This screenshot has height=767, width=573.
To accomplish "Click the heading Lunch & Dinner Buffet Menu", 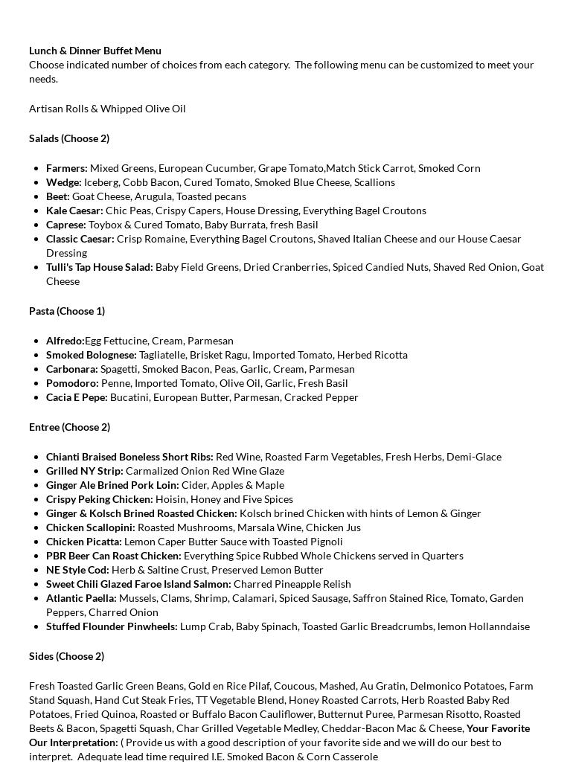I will tap(95, 51).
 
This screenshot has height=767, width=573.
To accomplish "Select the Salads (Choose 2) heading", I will tap(69, 138).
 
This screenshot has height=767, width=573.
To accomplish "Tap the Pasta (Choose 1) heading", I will tap(67, 311).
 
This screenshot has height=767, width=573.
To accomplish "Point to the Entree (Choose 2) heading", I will tap(69, 427).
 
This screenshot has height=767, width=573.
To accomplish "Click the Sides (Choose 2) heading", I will tap(66, 656).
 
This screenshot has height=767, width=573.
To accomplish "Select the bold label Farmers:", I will tap(67, 168).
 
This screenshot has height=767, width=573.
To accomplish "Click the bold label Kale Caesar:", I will tap(74, 211).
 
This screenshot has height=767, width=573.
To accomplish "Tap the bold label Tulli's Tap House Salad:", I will tap(100, 267).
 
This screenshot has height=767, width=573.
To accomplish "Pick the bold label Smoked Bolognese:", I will tap(92, 355).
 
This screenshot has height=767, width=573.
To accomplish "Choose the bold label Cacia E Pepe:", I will tap(77, 397).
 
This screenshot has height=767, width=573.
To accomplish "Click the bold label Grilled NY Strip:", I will tap(85, 471).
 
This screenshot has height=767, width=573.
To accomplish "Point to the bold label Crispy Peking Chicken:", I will tap(100, 499).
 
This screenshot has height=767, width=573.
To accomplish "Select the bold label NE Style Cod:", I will tap(77, 570).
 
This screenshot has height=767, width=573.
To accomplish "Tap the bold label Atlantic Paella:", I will tap(81, 598).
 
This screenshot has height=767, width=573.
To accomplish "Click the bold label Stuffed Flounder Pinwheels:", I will tap(112, 626).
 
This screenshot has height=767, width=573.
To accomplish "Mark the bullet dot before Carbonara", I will tap(36, 369).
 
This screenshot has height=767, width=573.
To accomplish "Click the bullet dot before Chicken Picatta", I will tap(36, 542).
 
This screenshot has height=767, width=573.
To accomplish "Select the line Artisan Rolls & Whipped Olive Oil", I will tap(107, 109).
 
